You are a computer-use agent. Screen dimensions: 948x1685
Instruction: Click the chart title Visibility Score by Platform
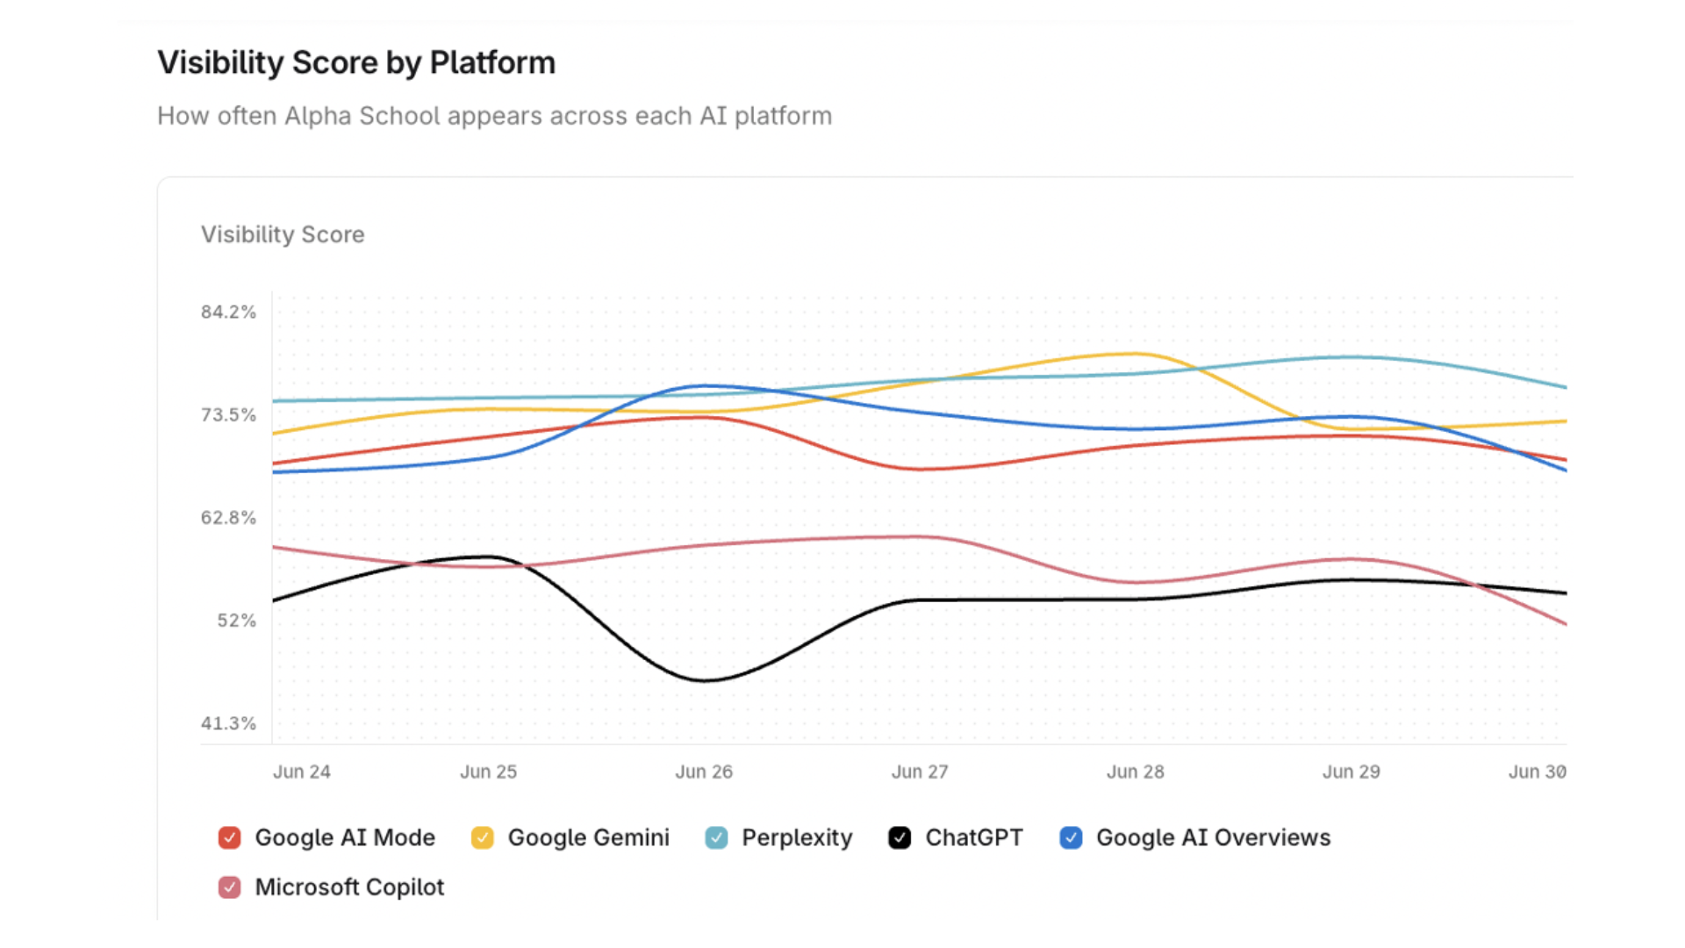pos(355,63)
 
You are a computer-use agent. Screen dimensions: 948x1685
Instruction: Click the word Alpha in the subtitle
pos(318,116)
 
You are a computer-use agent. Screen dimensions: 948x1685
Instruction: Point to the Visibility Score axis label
pos(282,234)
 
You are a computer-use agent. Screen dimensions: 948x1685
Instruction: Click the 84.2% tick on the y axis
pos(228,312)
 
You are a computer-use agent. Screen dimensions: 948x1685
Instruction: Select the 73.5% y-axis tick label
pos(228,414)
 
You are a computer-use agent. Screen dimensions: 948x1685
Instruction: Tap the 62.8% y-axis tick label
pos(228,518)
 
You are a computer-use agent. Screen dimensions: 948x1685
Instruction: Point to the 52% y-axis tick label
pos(236,621)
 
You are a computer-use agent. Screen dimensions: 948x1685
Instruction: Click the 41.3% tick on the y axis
pos(228,723)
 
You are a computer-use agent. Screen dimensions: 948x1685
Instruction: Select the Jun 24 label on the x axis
pos(301,772)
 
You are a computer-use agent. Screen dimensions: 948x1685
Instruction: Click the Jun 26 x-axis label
pos(703,772)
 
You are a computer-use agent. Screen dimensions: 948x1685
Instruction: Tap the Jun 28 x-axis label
pos(1135,772)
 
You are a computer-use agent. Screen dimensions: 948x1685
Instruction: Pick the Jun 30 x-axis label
pos(1537,772)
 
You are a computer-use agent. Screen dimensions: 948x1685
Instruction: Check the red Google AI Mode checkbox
pos(229,837)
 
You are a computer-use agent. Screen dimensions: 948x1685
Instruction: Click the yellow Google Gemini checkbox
pos(482,837)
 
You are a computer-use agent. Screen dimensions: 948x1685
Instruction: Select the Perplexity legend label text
pos(796,837)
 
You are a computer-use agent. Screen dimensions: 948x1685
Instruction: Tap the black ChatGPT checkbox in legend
pos(900,837)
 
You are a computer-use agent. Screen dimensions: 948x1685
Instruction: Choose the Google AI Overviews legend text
pos(1213,837)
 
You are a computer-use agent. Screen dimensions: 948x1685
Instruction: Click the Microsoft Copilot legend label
pos(349,887)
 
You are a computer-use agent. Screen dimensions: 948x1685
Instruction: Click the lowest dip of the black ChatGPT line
pos(706,680)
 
